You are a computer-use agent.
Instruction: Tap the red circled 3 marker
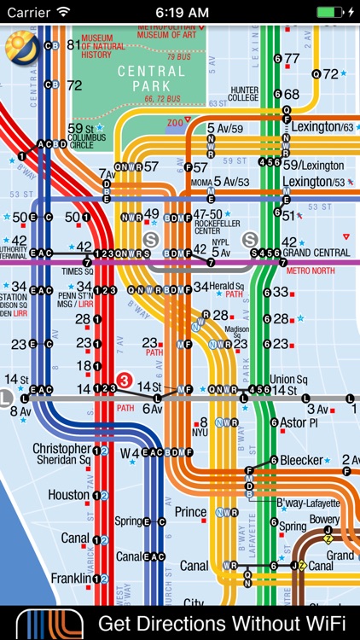125,381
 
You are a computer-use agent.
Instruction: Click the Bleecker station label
305,460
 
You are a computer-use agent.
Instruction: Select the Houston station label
68,495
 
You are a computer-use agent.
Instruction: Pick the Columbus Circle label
86,137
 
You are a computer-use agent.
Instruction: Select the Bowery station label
323,519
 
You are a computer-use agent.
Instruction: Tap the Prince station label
190,512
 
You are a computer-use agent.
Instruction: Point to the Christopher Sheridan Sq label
61,454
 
